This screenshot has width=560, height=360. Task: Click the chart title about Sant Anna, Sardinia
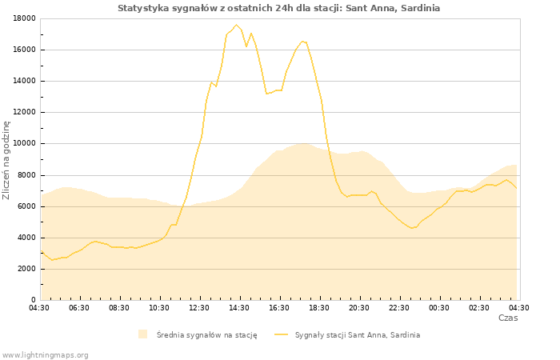click(278, 8)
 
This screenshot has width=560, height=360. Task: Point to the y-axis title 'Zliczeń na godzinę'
click(6, 160)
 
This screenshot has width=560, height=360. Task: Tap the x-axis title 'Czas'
click(508, 318)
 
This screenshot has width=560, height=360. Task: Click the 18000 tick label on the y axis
click(24, 18)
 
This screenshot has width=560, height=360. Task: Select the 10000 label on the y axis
click(24, 143)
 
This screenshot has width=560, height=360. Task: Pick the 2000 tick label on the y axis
click(26, 269)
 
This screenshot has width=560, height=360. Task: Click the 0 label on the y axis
click(34, 300)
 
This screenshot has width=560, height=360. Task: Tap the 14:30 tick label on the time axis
click(239, 308)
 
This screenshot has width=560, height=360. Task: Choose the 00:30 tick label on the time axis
click(439, 308)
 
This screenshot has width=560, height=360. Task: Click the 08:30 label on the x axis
click(119, 308)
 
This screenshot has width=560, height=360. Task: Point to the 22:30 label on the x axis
click(399, 308)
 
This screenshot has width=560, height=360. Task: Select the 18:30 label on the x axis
click(319, 308)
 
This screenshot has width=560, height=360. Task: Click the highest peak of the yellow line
click(236, 25)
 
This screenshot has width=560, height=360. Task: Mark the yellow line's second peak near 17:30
click(302, 42)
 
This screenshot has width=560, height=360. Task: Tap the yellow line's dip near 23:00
click(412, 228)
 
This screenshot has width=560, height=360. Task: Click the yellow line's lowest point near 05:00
click(52, 260)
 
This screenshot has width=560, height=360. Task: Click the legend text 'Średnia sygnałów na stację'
click(206, 335)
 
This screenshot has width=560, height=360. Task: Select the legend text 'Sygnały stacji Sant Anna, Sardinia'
click(358, 335)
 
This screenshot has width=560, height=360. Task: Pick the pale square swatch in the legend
click(143, 334)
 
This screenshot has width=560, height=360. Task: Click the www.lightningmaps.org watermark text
click(44, 355)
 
